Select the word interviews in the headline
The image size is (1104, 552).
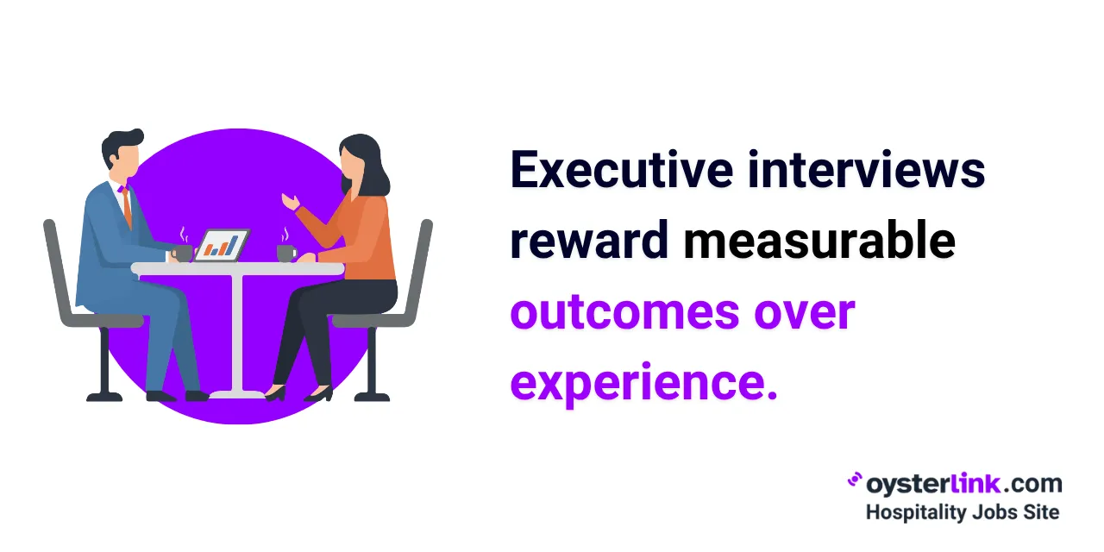(866, 170)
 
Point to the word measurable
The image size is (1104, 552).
(819, 241)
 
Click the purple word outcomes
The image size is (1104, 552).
(624, 312)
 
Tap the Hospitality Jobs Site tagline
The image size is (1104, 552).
(962, 512)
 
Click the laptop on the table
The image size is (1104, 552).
(222, 245)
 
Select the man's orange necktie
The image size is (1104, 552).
(127, 207)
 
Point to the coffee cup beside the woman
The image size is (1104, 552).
(286, 252)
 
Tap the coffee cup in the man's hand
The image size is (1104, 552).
(182, 252)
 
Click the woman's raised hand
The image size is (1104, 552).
(290, 201)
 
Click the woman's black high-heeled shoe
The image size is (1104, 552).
(318, 394)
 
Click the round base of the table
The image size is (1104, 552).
(236, 394)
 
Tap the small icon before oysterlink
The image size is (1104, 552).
(855, 480)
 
